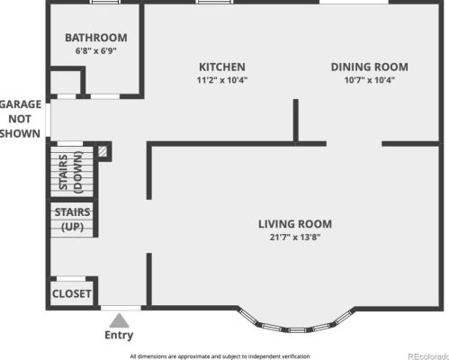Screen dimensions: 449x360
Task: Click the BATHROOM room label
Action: click(x=96, y=38)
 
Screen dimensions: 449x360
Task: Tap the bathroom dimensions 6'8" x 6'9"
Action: click(x=96, y=50)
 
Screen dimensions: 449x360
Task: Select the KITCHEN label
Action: click(x=222, y=67)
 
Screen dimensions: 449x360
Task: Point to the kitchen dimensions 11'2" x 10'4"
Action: click(x=222, y=80)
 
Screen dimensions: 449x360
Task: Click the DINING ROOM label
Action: click(x=370, y=67)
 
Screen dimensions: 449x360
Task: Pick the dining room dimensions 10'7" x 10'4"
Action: click(x=370, y=80)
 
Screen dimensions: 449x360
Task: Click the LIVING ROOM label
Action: click(x=295, y=224)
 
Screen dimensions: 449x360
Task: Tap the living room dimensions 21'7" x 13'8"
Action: click(x=295, y=238)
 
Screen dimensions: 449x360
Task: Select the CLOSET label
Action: click(x=72, y=293)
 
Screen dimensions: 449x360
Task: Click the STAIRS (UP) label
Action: click(x=72, y=220)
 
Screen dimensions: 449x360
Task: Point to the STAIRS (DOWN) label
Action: click(x=71, y=172)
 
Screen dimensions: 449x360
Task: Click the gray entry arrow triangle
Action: click(x=120, y=320)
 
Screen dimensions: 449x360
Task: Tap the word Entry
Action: click(x=119, y=335)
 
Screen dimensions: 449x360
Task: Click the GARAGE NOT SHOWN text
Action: click(x=21, y=119)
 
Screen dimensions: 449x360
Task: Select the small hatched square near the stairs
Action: click(x=103, y=151)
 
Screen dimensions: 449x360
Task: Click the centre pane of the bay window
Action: click(x=296, y=330)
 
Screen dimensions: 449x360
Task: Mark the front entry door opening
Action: click(x=121, y=308)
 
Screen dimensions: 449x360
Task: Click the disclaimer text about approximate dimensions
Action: click(x=220, y=356)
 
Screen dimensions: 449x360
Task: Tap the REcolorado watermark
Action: click(x=428, y=356)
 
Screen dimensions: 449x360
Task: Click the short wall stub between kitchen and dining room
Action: click(x=296, y=120)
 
